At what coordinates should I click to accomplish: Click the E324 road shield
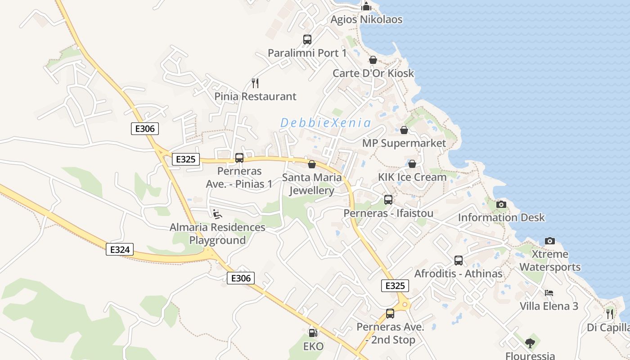(x=120, y=249)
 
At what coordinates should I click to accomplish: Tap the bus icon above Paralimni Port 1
(x=307, y=40)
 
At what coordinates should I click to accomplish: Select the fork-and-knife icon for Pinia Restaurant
(x=255, y=83)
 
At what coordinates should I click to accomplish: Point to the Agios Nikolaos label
(x=366, y=19)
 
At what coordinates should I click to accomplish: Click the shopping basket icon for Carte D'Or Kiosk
(x=373, y=60)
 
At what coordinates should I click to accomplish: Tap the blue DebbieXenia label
(x=326, y=123)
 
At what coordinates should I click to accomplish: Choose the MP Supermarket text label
(x=404, y=143)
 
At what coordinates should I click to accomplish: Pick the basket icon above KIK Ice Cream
(x=412, y=163)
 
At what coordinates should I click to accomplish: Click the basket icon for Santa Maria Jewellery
(x=312, y=164)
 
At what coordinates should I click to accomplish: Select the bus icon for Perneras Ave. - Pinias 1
(x=239, y=158)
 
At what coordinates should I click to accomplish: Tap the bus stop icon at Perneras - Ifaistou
(x=388, y=200)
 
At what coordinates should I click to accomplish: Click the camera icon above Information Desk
(x=501, y=204)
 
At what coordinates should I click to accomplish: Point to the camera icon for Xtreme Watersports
(x=550, y=241)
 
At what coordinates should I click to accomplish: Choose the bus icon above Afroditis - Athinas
(x=459, y=260)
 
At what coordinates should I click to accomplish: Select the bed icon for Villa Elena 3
(x=549, y=292)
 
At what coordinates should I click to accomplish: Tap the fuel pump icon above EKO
(x=313, y=333)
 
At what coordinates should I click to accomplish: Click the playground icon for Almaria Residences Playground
(x=217, y=214)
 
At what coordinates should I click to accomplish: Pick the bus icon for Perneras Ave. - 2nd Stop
(x=390, y=314)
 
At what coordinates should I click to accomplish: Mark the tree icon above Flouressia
(x=531, y=343)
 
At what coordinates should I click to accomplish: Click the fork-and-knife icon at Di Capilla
(x=610, y=314)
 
